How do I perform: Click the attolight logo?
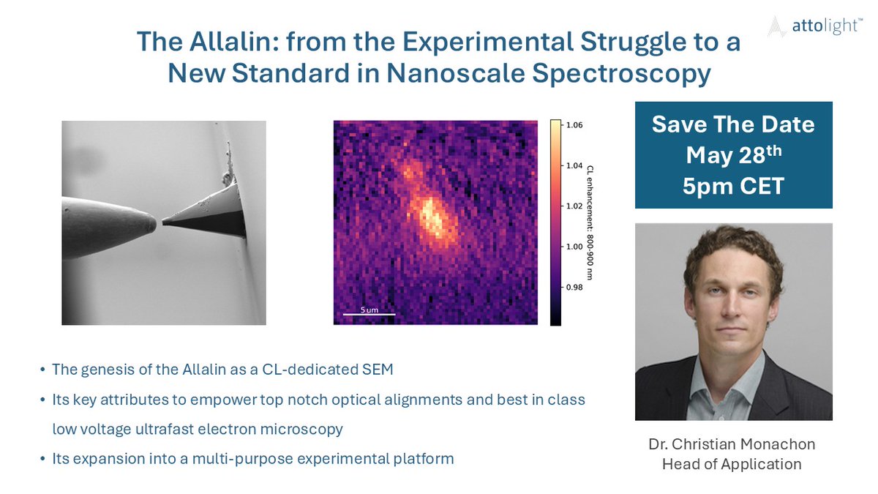815,26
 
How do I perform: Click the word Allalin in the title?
234,41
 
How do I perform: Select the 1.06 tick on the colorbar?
574,125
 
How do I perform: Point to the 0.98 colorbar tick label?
574,288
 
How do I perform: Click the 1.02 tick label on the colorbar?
574,206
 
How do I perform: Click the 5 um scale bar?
369,314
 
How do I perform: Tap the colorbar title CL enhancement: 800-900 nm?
590,222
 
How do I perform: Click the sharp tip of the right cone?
163,222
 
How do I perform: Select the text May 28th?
733,154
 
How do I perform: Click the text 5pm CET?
733,186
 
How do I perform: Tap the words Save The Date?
733,124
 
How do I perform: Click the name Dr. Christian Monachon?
732,444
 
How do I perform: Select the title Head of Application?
732,464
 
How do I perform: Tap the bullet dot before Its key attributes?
42,400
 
